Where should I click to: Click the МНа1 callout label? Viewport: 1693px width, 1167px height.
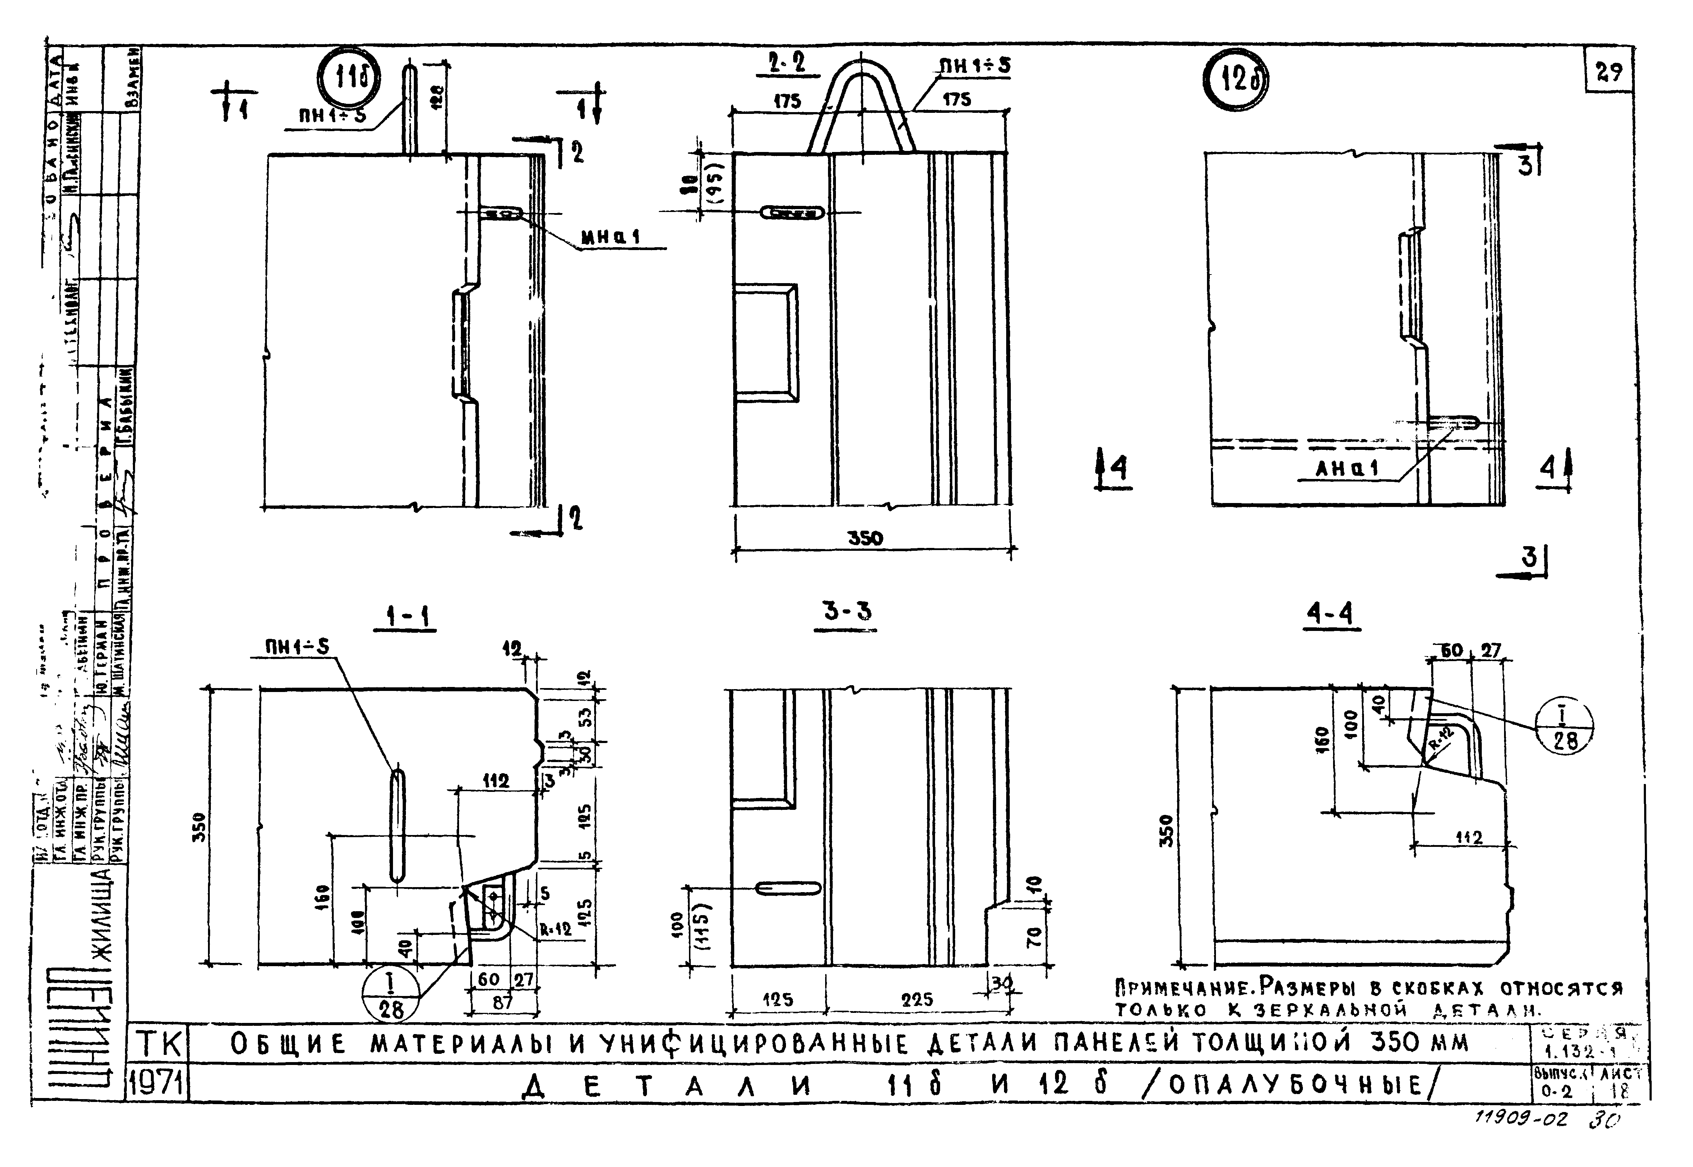pos(610,237)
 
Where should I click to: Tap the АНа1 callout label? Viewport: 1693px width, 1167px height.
pos(1346,469)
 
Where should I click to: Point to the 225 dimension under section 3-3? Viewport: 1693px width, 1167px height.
pos(917,999)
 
